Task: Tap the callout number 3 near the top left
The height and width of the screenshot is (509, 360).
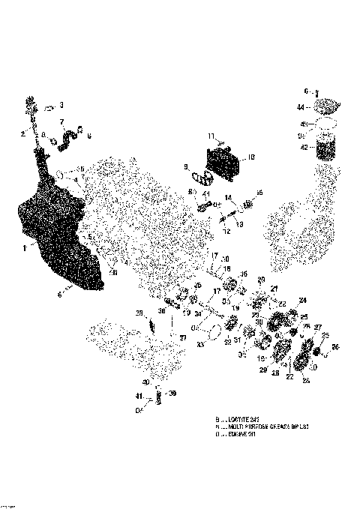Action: point(61,105)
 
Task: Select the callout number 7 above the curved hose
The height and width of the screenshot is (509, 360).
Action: point(61,122)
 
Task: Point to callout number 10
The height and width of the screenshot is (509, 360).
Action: point(251,157)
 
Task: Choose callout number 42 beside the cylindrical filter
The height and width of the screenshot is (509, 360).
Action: point(304,148)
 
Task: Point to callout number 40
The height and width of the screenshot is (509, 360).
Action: point(146,383)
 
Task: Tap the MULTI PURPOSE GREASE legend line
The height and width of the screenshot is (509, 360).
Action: point(262,426)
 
